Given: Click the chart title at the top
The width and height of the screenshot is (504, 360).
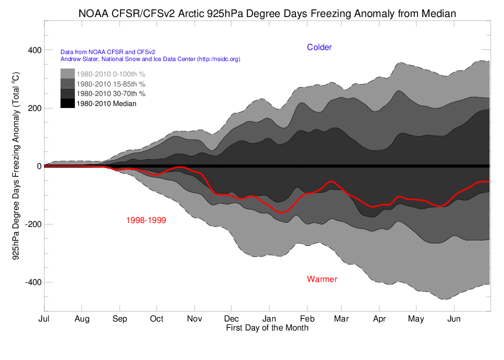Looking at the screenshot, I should click(267, 13).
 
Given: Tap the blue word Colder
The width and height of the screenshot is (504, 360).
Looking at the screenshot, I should click(319, 47).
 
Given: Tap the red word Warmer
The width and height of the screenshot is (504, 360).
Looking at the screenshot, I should click(322, 279).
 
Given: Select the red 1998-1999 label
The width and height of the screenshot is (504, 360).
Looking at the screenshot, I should click(146, 220).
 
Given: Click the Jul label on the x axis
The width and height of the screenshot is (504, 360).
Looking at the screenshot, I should click(44, 319).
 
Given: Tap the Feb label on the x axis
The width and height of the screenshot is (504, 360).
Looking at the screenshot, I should click(307, 319).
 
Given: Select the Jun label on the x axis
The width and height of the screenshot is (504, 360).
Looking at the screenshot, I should click(454, 319).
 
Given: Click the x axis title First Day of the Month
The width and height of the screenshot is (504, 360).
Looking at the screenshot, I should click(267, 328).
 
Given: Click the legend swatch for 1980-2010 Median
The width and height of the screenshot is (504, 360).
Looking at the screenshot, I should click(67, 103).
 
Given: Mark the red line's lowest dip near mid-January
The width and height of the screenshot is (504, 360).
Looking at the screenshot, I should click(281, 212).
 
